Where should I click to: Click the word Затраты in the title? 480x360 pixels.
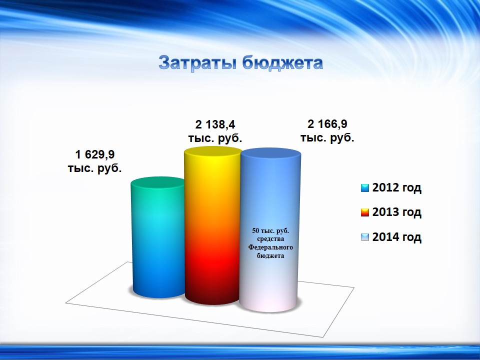pos(197,63)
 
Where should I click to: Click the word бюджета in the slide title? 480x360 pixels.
pos(282,63)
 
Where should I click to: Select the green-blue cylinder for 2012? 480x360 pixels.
pos(158,237)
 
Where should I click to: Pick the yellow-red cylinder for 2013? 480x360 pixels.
pos(212,225)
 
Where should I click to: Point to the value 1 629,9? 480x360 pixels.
pos(95,154)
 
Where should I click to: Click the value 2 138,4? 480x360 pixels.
pos(215,124)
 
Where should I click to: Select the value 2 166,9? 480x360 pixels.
pos(327,124)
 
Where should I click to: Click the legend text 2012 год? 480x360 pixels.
pos(396,187)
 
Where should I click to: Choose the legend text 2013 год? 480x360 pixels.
pos(396,212)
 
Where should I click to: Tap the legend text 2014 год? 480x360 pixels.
pos(396,236)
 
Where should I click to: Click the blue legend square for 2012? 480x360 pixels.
pos(365,188)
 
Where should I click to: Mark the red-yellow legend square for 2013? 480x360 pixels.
pos(365,212)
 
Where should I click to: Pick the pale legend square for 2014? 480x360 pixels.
pos(365,237)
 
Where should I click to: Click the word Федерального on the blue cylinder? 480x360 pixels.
pos(270,247)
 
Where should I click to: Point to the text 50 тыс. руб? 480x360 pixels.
pos(270,230)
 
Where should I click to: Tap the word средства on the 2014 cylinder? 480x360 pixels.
pos(270,238)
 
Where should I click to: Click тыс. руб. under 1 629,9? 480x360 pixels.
pos(95,168)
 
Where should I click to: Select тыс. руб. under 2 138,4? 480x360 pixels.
pos(215,138)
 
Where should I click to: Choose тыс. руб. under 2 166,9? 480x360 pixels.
pos(327,137)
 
